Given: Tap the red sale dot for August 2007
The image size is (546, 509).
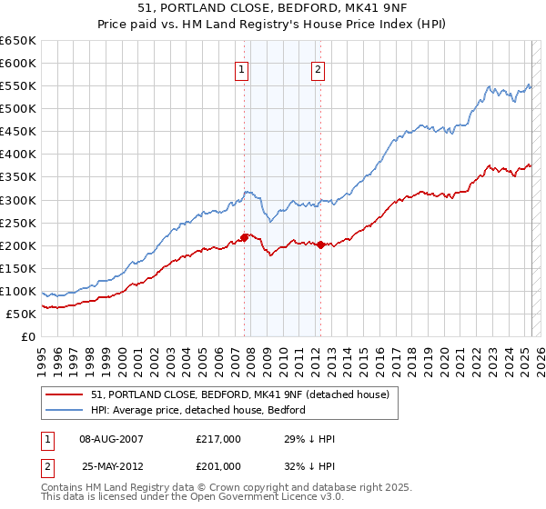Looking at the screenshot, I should coord(245,237).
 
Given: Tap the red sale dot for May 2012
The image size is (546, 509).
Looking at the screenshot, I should coord(320,245).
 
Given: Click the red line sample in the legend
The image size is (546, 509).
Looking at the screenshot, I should coord(65,394).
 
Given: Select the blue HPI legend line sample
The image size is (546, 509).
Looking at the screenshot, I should coord(65,410).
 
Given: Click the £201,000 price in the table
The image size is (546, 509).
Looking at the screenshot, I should coord(217,466).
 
